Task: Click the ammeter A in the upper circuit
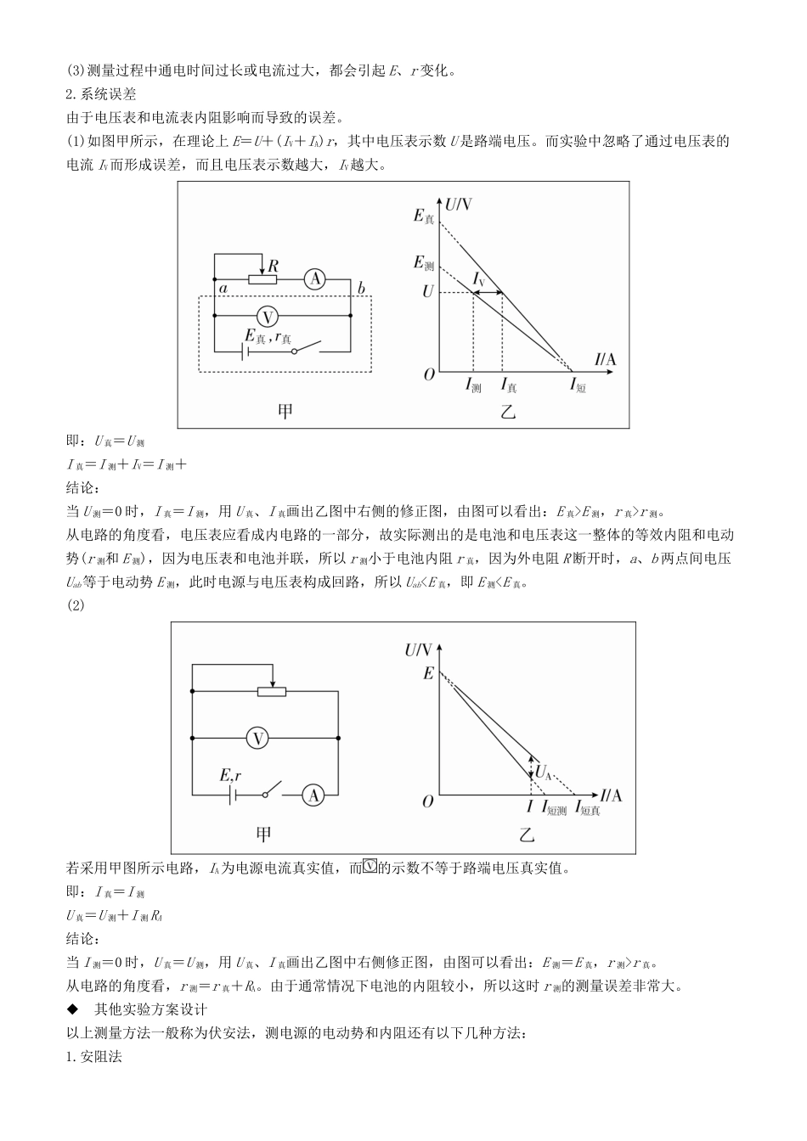315,279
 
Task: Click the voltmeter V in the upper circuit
268,317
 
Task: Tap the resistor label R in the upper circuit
273,266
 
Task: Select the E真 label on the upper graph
424,217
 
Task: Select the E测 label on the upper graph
424,263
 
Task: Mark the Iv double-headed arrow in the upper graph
487,293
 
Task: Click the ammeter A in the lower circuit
313,795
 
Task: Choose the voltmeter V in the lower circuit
258,739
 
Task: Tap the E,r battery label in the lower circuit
230,775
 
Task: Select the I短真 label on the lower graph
588,809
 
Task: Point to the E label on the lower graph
428,673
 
